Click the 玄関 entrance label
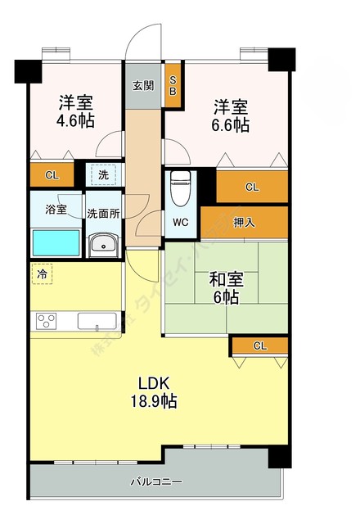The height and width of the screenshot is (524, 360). (142, 84)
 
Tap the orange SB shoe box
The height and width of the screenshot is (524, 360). (173, 85)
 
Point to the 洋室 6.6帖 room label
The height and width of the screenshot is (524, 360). (232, 115)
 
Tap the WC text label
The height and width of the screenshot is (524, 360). (181, 221)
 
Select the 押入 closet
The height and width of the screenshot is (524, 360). (245, 221)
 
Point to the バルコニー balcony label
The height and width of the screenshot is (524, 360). (156, 481)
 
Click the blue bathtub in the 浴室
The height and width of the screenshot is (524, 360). (56, 243)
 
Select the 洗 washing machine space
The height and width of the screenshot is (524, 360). (102, 174)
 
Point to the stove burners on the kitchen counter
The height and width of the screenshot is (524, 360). (46, 320)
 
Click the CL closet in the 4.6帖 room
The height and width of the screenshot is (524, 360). (52, 174)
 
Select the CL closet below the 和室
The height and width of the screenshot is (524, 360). (259, 346)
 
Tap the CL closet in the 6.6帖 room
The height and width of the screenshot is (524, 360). (252, 187)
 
